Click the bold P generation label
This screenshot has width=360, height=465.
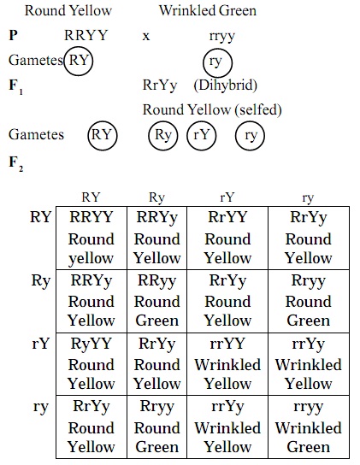pos(14,35)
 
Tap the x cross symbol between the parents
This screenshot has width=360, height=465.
pos(146,37)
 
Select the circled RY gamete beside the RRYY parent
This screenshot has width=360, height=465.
pos(79,61)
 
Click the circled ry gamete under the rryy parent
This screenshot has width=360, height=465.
pos(217,62)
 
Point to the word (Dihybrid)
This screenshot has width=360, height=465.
pos(225,85)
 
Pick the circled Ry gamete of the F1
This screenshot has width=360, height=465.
pos(163,135)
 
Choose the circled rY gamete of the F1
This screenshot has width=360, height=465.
pos(202,135)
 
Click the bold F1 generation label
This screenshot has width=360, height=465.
pos(16,86)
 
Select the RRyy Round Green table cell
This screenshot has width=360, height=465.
pos(157,301)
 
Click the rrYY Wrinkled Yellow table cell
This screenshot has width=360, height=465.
pos(227,364)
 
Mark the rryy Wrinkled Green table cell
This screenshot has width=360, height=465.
pos(309,427)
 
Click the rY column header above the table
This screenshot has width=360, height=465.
pos(227,197)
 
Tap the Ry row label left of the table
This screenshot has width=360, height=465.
pos(41,280)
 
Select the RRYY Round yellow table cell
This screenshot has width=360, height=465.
pos(91,238)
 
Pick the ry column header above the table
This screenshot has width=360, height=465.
pos(308,198)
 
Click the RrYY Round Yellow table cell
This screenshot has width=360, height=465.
pos(227,238)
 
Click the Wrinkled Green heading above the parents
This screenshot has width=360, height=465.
pos(208,11)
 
